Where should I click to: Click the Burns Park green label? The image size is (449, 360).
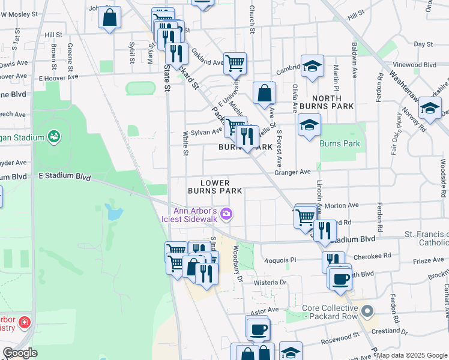click(340, 143)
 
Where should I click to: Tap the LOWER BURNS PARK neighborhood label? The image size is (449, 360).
click(215, 187)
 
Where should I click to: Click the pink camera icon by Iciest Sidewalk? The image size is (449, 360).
click(226, 213)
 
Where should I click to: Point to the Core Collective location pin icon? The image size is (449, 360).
click(369, 311)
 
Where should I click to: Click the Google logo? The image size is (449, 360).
click(20, 353)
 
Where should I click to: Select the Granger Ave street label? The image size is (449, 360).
click(292, 172)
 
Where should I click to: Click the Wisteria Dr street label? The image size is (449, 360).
click(270, 282)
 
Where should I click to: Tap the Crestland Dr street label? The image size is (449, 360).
click(390, 331)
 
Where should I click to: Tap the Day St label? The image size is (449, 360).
click(423, 44)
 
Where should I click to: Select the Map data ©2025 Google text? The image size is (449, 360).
click(412, 355)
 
